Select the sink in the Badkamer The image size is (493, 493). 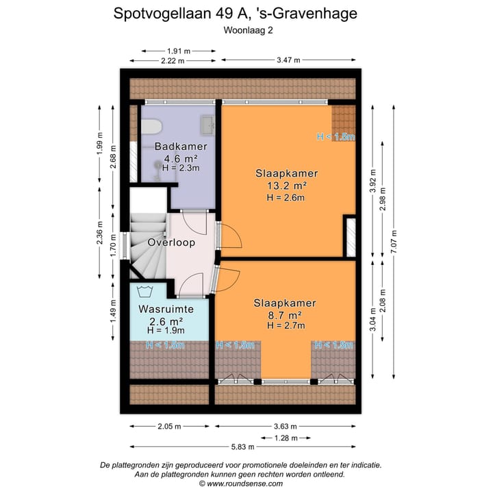tap(207, 125)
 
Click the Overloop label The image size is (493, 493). tap(171, 242)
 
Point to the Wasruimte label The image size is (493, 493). tap(166, 309)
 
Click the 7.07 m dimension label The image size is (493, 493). tap(393, 241)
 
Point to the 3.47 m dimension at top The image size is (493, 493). tap(288, 60)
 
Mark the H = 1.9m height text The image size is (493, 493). tap(166, 331)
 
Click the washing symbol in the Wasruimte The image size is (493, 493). tap(144, 290)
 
